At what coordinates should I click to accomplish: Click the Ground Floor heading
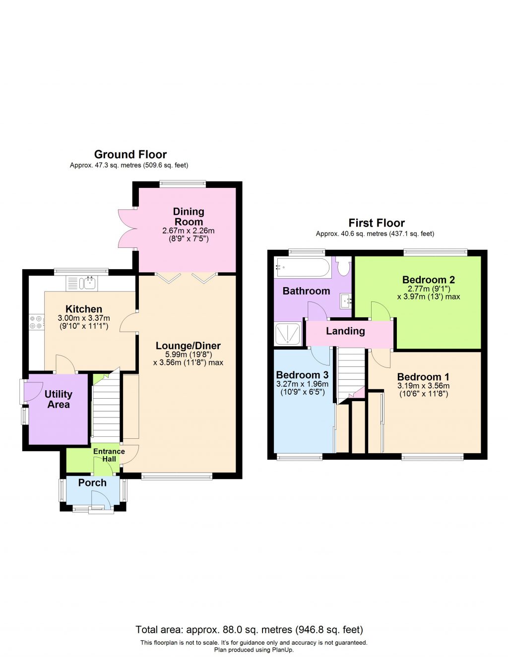(130, 154)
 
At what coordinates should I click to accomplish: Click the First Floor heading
(376, 223)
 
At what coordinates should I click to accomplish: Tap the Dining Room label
(189, 217)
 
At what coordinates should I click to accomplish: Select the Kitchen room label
(84, 309)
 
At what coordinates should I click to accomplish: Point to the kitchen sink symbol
(90, 283)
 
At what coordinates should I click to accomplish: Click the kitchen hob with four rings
(36, 322)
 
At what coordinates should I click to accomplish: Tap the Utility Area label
(59, 399)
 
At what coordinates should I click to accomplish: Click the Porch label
(92, 482)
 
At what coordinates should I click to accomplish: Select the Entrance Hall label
(109, 455)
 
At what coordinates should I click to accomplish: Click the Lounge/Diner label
(188, 346)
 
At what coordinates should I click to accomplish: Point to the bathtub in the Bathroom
(302, 268)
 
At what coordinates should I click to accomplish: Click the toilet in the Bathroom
(343, 266)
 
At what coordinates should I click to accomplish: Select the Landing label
(345, 331)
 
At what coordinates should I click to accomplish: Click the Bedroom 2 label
(428, 280)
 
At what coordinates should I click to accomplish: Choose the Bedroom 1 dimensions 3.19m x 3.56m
(423, 386)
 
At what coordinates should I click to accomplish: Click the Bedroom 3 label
(302, 375)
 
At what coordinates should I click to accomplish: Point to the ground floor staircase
(107, 407)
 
